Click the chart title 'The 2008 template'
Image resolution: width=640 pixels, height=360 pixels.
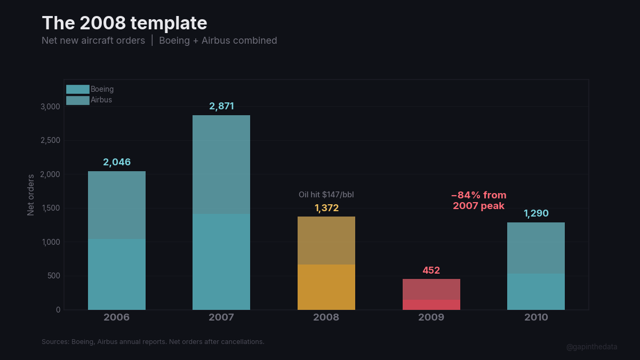[x=124, y=23]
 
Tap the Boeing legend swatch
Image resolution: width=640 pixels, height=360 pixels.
[x=77, y=89]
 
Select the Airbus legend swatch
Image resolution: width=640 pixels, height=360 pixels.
[x=77, y=100]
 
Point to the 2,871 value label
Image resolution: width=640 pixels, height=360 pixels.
[x=221, y=106]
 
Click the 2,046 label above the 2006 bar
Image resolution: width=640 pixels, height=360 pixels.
[x=117, y=162]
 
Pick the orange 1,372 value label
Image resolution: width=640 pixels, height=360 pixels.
[x=326, y=208]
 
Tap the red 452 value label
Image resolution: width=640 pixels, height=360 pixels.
[x=431, y=270]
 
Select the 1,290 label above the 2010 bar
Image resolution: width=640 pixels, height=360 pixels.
[x=536, y=214]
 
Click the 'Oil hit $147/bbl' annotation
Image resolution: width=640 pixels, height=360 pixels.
[x=326, y=195]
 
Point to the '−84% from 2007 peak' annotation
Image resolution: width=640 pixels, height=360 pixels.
[x=478, y=201]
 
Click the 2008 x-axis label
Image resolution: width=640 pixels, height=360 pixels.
[x=326, y=317]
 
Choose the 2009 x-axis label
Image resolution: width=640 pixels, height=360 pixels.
[x=431, y=317]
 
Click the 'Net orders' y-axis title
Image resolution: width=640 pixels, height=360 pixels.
[x=31, y=195]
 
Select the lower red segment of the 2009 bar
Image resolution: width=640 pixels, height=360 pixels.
[x=431, y=305]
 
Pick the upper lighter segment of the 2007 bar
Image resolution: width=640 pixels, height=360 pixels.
[x=221, y=164]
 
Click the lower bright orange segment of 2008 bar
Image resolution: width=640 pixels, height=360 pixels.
[x=326, y=287]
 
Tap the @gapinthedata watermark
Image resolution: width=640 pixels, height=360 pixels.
[x=591, y=347]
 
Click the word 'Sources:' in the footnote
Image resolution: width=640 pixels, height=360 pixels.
[x=55, y=341]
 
